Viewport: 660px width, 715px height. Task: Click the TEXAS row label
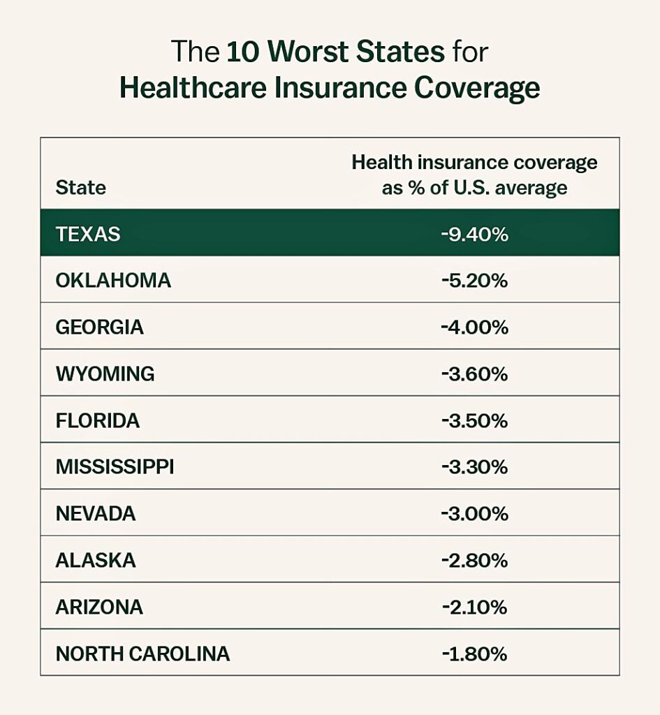pyautogui.click(x=88, y=234)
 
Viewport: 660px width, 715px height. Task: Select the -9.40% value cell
pyautogui.click(x=474, y=234)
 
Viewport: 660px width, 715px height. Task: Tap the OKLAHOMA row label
pyautogui.click(x=113, y=281)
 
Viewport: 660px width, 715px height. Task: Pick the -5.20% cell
pyautogui.click(x=474, y=281)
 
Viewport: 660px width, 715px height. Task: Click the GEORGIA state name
pyautogui.click(x=100, y=327)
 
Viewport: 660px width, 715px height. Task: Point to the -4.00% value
pyautogui.click(x=474, y=327)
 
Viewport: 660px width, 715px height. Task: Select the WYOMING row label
pyautogui.click(x=105, y=374)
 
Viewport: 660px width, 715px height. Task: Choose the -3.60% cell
pyautogui.click(x=474, y=374)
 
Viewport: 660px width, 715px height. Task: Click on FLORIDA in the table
pyautogui.click(x=98, y=421)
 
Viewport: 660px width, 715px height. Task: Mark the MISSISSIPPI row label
pyautogui.click(x=115, y=467)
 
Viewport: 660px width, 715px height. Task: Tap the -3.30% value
pyautogui.click(x=474, y=467)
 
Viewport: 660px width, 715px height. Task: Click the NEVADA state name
pyautogui.click(x=96, y=514)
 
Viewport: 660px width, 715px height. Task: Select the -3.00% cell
pyautogui.click(x=474, y=514)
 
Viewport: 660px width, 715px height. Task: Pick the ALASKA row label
pyautogui.click(x=96, y=561)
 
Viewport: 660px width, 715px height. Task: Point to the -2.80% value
pyautogui.click(x=474, y=561)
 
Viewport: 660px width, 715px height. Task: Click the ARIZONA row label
pyautogui.click(x=99, y=607)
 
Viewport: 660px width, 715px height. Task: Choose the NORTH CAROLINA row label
pyautogui.click(x=142, y=654)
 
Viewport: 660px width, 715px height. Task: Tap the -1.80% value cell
pyautogui.click(x=474, y=654)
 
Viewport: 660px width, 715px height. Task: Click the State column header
pyautogui.click(x=81, y=188)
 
